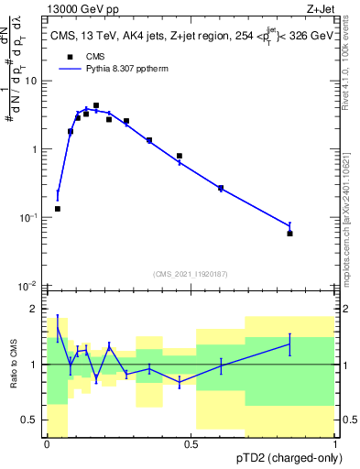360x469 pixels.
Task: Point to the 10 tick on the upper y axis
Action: click(31, 82)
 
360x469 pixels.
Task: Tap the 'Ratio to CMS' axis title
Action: click(12, 365)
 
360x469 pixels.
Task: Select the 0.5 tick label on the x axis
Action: click(191, 444)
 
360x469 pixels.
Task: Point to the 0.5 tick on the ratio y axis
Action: click(31, 420)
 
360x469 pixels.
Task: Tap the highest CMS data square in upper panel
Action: click(96, 105)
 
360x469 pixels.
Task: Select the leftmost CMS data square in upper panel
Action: click(58, 209)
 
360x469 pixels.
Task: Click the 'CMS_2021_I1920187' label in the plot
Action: click(191, 274)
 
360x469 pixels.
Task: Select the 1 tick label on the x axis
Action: click(335, 444)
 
